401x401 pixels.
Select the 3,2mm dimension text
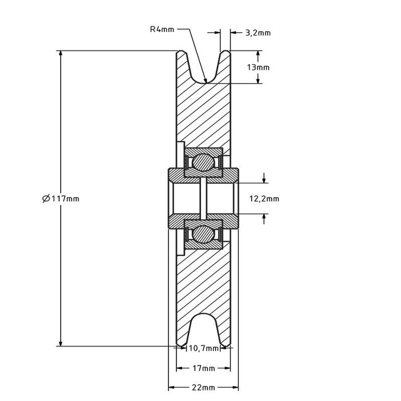tap(257, 33)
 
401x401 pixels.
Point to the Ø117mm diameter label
tap(61, 199)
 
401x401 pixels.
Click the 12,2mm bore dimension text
tap(264, 199)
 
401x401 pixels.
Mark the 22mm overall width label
tap(203, 388)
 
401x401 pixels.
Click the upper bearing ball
tap(202, 162)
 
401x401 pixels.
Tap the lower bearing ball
tap(202, 234)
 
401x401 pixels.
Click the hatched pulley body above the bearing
tap(203, 115)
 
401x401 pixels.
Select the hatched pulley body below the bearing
tap(203, 281)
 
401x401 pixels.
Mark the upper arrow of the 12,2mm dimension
tap(264, 179)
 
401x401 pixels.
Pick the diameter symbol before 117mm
tap(46, 199)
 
